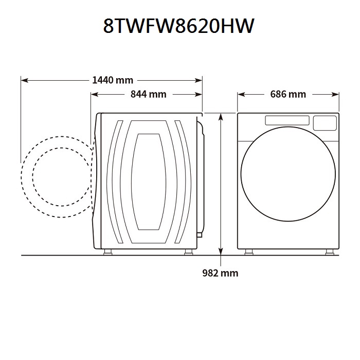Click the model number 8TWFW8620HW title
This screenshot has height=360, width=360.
click(x=178, y=26)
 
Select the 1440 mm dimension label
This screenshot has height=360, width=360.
click(x=112, y=80)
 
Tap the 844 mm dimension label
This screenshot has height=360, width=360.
click(x=148, y=94)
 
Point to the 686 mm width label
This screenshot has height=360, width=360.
click(x=287, y=94)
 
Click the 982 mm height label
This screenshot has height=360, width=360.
click(x=220, y=273)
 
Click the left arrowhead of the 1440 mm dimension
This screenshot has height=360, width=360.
click(x=24, y=80)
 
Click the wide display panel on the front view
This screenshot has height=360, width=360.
click(x=287, y=120)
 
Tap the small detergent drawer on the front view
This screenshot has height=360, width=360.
click(x=325, y=122)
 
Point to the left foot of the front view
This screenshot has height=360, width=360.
click(x=249, y=252)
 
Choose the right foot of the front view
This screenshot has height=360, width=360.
click(x=327, y=252)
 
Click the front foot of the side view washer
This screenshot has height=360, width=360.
click(x=109, y=252)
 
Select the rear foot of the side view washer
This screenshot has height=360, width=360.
click(x=189, y=252)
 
